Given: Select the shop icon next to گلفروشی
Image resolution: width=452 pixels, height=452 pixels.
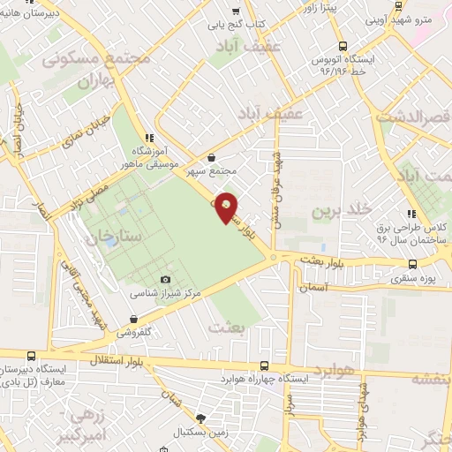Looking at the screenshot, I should (132, 320).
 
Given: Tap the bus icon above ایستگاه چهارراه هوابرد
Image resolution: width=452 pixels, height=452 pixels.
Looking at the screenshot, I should (264, 365).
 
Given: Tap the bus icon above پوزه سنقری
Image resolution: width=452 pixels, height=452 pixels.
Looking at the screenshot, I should (412, 263).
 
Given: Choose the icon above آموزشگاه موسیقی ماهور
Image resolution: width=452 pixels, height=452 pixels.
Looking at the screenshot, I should (149, 137).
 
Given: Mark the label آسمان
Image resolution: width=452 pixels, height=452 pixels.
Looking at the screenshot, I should (313, 288).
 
